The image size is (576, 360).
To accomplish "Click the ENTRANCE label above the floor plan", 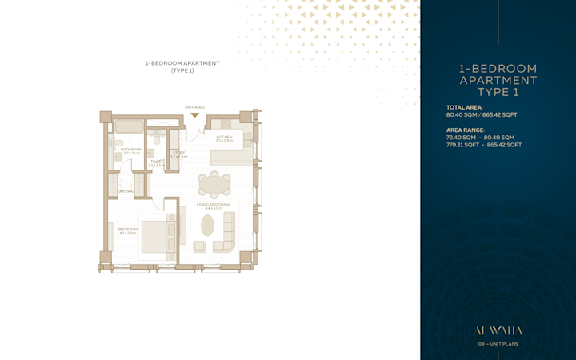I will (x=194, y=107).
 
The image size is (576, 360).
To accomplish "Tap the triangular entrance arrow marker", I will (x=194, y=115).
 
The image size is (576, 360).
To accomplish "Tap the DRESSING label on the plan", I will (x=126, y=191).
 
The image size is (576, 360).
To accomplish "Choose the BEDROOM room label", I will (x=128, y=230).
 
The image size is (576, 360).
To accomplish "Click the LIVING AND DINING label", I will (x=213, y=206).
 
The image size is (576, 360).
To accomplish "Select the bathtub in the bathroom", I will (x=128, y=126).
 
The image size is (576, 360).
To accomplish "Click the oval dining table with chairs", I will (x=214, y=185).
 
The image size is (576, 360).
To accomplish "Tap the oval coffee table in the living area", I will (x=207, y=226).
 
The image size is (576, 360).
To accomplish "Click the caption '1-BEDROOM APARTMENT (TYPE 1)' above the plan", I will (x=182, y=66).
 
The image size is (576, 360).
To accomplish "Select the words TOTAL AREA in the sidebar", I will (x=465, y=107).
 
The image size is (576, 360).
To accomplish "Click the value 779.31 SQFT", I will (x=461, y=145).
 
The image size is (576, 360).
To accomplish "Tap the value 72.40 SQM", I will (x=461, y=138).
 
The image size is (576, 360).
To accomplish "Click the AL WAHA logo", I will (x=498, y=330).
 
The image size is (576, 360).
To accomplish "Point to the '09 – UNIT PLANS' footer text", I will (x=498, y=344).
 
